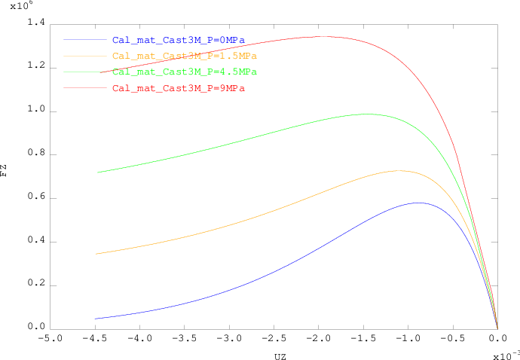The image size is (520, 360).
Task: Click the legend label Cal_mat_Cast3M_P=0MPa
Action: pyautogui.click(x=178, y=39)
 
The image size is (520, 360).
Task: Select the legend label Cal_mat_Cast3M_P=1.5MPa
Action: pyautogui.click(x=184, y=56)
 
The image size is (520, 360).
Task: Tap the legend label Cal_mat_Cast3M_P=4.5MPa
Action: pyautogui.click(x=184, y=72)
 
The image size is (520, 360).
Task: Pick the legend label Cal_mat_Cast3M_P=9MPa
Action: pyautogui.click(x=178, y=89)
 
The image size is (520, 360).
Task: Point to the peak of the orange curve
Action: pyautogui.click(x=399, y=170)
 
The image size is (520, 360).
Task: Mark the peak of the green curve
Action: pyautogui.click(x=366, y=114)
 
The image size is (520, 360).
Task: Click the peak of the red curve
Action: pyautogui.click(x=322, y=36)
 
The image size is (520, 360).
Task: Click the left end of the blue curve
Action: pyautogui.click(x=96, y=319)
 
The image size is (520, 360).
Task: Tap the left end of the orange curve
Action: pyautogui.click(x=96, y=254)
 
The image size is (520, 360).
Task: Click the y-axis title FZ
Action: pyautogui.click(x=5, y=171)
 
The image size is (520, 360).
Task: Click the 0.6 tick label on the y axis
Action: pyautogui.click(x=36, y=198)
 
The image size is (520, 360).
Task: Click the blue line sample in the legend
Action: pyautogui.click(x=85, y=39)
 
